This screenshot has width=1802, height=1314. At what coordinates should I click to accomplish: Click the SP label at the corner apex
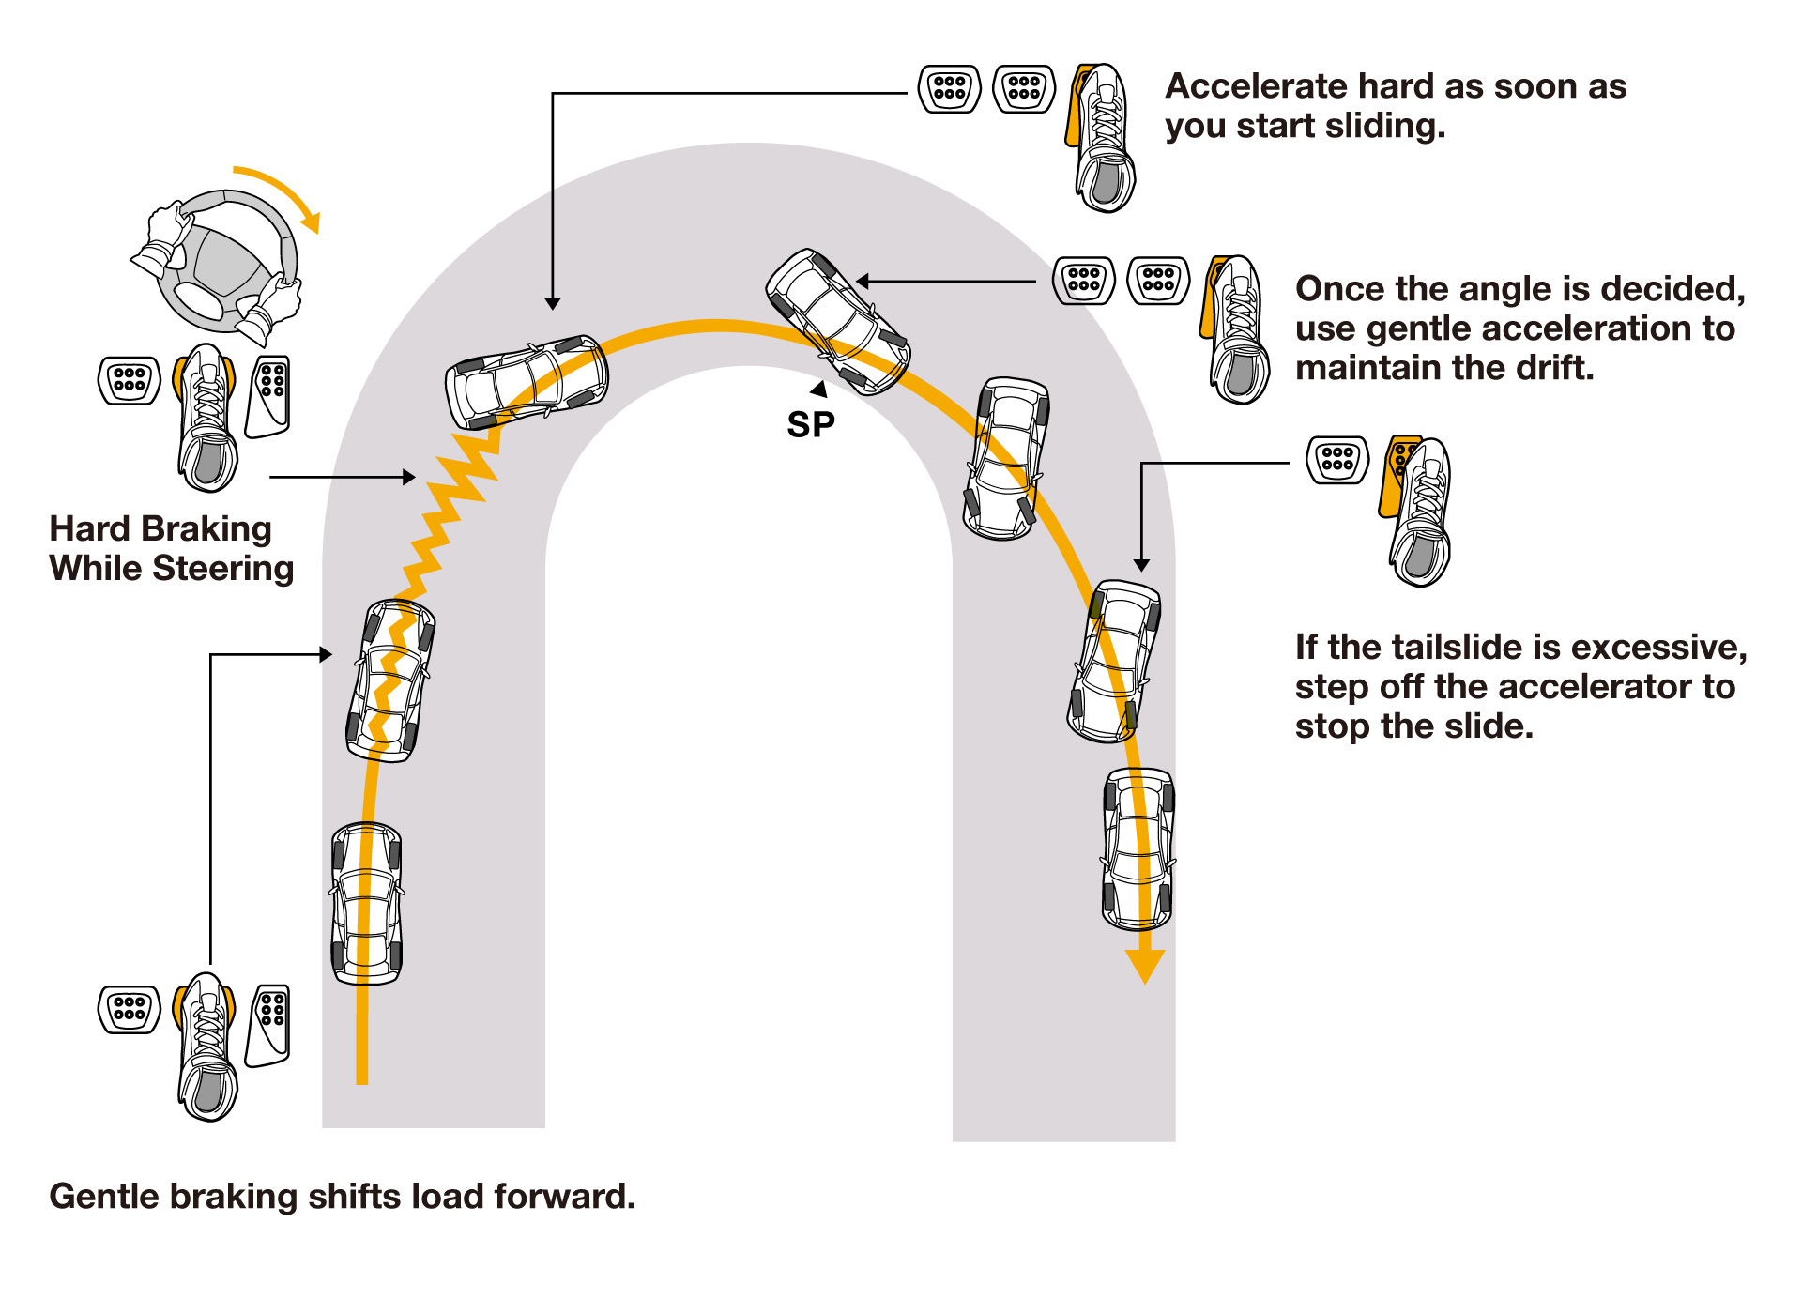tap(811, 425)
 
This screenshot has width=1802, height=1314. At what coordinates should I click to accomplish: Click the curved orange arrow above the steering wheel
tap(282, 192)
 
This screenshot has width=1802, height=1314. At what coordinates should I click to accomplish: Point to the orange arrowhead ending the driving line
tap(1145, 966)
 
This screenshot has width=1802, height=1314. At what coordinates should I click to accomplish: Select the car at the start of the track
tap(367, 903)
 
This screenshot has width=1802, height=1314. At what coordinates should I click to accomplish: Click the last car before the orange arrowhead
tap(1138, 848)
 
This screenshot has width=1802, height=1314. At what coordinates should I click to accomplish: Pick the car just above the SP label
tap(837, 321)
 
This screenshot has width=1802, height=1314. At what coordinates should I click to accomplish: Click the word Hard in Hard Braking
tap(90, 529)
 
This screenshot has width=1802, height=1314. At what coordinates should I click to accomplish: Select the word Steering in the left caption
tap(223, 569)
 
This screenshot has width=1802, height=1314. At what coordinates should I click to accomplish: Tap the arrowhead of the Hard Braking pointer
tap(409, 477)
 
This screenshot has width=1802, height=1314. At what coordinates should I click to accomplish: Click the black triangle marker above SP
tap(820, 389)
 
